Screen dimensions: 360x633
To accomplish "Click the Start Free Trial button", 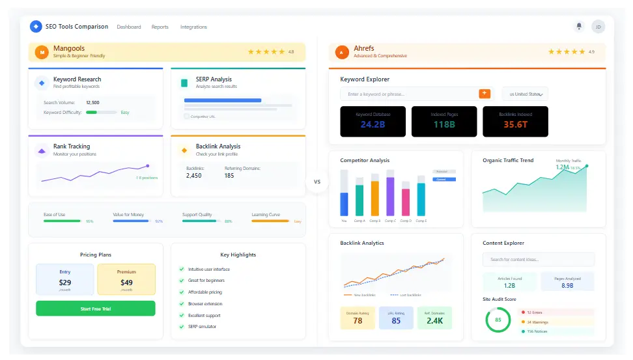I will point(95,309).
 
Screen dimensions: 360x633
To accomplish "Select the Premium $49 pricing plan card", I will point(126,279).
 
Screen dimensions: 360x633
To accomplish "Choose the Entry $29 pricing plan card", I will point(65,279).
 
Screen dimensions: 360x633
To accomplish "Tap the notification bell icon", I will point(578,27).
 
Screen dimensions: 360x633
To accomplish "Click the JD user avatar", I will point(598,27).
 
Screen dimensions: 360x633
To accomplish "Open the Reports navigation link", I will point(160,27).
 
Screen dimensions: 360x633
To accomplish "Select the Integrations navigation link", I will point(193,27).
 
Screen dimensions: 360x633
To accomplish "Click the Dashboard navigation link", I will point(129,27).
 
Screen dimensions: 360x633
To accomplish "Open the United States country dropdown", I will point(525,94).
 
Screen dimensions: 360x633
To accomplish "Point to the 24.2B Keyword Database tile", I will point(373,121).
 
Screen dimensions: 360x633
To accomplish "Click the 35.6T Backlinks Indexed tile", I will point(515,121).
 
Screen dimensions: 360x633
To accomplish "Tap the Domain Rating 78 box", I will point(358,318).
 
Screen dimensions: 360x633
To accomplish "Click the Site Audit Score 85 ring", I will point(498,320).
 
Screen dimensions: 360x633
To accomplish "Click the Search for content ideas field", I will point(538,260).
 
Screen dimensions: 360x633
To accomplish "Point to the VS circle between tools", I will point(317,182).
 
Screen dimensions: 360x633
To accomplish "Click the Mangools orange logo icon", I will point(42,52).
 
